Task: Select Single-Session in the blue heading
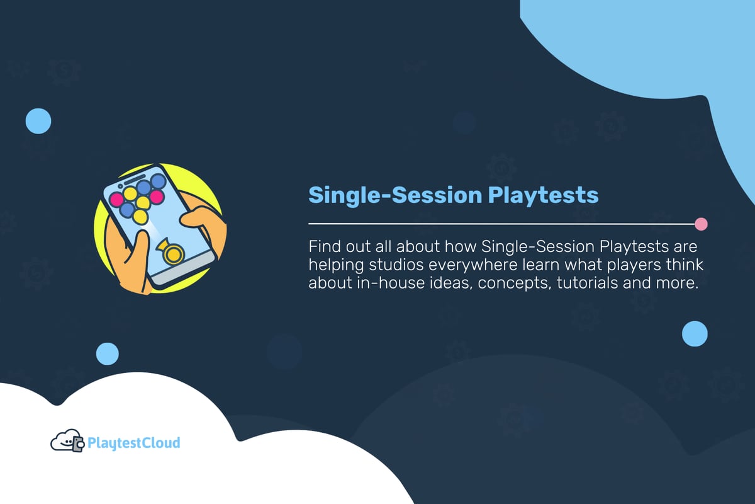(x=394, y=195)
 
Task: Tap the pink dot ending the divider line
(x=701, y=224)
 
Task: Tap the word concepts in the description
(x=508, y=282)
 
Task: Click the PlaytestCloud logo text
(x=134, y=443)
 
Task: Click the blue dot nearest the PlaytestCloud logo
(x=107, y=353)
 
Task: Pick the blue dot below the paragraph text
(x=695, y=333)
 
